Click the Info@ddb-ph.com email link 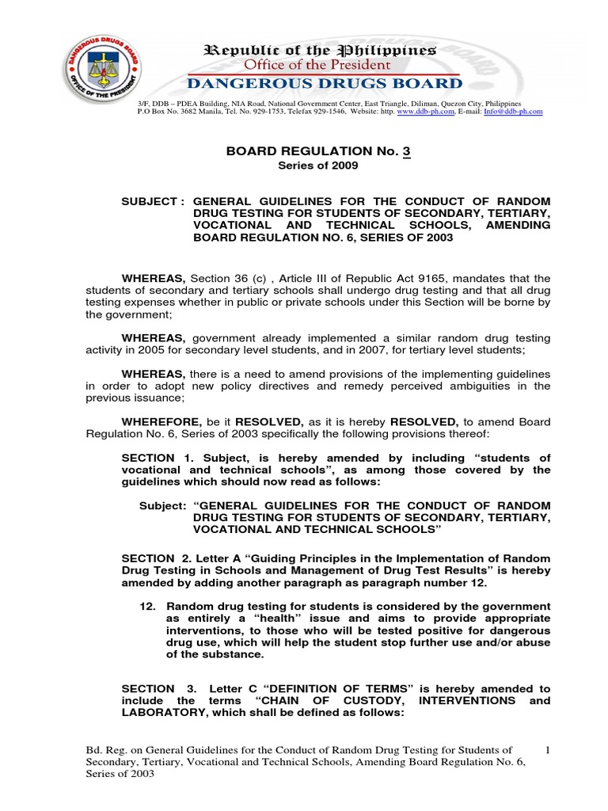click(515, 112)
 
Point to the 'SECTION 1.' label click(150, 458)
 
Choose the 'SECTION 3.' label click(150, 689)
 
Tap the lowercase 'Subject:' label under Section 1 click(162, 505)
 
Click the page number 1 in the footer click(549, 749)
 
